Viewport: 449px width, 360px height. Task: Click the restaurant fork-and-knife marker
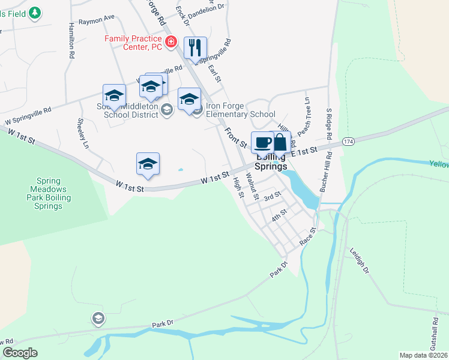point(195,48)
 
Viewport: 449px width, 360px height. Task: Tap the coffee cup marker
point(262,143)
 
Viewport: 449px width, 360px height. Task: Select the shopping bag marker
point(280,143)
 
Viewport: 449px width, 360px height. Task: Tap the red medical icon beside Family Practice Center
point(171,41)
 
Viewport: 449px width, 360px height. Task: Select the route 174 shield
point(348,140)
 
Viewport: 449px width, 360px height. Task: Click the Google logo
point(20,353)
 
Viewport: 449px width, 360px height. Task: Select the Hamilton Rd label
point(71,40)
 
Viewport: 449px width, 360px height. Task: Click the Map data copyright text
point(423,355)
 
